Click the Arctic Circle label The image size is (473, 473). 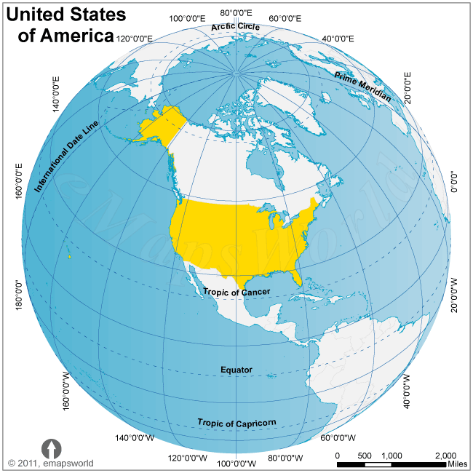[x=236, y=27]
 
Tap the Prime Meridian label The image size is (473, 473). [x=362, y=87]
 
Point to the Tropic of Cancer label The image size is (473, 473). [x=236, y=292]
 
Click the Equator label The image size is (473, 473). [x=236, y=370]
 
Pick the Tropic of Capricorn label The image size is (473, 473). [x=236, y=423]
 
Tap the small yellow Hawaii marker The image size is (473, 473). [x=69, y=256]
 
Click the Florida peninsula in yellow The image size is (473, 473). [x=295, y=277]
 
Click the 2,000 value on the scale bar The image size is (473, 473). [x=445, y=456]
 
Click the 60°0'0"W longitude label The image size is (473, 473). [x=338, y=438]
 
